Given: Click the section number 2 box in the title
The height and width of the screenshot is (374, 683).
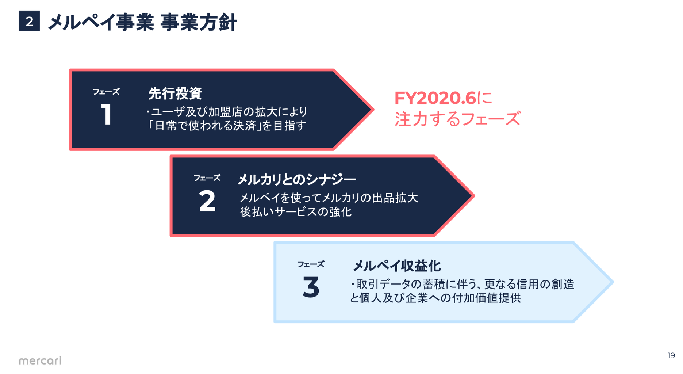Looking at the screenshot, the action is point(29,21).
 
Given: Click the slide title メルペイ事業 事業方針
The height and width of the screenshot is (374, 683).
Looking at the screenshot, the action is point(142,22).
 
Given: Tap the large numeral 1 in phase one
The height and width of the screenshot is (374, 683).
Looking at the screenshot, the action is point(106,115).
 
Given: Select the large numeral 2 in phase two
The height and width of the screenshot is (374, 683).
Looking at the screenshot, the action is point(207,201).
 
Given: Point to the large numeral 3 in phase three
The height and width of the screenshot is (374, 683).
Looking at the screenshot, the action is point(311,287).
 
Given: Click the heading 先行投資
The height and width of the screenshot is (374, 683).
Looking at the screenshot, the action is point(175,93).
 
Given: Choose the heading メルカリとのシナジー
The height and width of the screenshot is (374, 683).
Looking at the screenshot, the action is point(297,179).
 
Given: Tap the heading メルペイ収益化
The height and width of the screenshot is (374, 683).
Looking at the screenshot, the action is point(397,266).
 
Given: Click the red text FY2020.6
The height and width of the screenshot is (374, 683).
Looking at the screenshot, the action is point(435,98).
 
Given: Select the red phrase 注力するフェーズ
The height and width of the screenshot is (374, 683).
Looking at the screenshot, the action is point(457,119).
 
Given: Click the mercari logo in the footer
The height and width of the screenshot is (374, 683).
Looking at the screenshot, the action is point(40,360).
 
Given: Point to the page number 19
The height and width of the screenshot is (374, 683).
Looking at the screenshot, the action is point(671,355).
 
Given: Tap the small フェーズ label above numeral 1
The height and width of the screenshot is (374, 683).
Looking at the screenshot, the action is point(106,92).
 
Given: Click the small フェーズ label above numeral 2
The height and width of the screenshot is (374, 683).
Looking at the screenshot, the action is point(207,178).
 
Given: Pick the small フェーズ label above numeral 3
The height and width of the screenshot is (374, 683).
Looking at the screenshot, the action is point(311,264).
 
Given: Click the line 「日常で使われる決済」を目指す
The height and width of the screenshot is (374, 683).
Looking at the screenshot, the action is point(227,126).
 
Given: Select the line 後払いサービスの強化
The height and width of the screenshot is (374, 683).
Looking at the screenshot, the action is point(296,212).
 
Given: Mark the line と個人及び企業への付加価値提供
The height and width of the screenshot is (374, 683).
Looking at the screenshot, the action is point(435,298).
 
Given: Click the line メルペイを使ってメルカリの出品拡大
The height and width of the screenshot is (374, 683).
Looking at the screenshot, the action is point(329,198).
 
